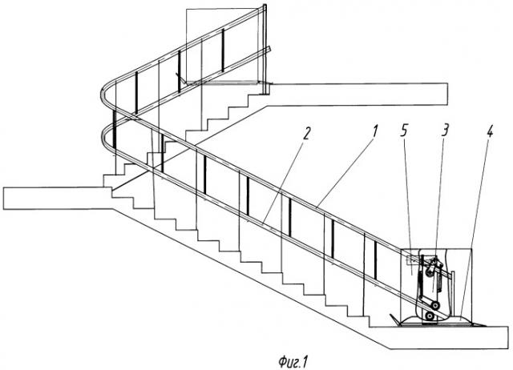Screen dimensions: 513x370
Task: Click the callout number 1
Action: (x=375, y=131)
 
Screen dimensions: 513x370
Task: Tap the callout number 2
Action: (x=305, y=132)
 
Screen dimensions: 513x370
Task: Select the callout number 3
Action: (x=444, y=131)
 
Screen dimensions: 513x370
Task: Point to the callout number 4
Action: (x=489, y=131)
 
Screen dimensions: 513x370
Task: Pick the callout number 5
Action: (x=404, y=131)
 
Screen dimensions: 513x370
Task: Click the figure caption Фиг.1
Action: (x=293, y=362)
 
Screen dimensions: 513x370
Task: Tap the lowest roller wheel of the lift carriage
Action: (x=429, y=316)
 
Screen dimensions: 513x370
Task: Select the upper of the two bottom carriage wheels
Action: (x=435, y=306)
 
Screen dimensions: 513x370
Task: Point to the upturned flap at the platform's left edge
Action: (x=394, y=319)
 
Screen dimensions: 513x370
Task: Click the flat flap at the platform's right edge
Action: (x=479, y=324)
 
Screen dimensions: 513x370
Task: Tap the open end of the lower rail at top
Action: (x=269, y=49)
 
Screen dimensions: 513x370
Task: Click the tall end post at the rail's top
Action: (x=265, y=49)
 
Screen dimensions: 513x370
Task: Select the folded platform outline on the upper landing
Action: (x=222, y=82)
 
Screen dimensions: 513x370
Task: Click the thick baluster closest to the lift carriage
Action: (x=375, y=260)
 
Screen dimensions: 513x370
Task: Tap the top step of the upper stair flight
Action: (x=258, y=89)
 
